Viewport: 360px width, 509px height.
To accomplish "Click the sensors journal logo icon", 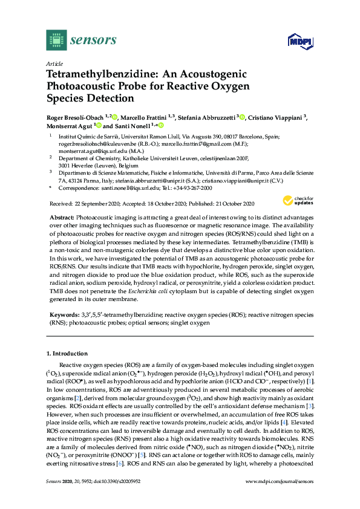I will pos(56,41).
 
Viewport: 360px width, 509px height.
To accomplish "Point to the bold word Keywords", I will pos(63,315).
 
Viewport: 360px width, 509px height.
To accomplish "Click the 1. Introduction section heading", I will pos(70,352).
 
